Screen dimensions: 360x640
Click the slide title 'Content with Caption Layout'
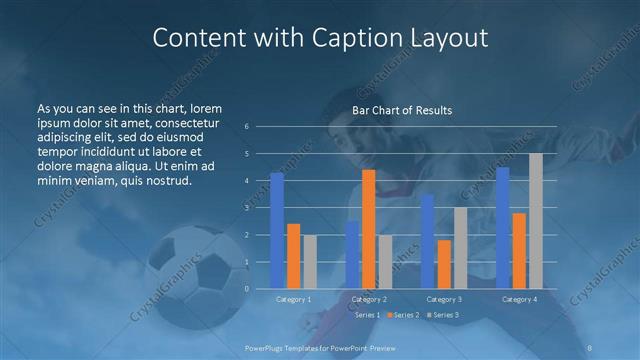320,39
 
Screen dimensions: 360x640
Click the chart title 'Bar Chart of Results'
402,109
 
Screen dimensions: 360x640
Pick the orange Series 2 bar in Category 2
369,229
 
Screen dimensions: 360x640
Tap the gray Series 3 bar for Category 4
536,221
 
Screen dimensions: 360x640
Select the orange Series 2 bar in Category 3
444,264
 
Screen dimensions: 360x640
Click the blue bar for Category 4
503,227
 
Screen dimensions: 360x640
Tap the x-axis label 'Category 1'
293,299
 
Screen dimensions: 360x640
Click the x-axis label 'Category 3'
444,299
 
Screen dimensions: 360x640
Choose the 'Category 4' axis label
519,299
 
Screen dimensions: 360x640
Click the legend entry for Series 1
367,315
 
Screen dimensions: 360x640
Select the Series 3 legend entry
443,315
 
